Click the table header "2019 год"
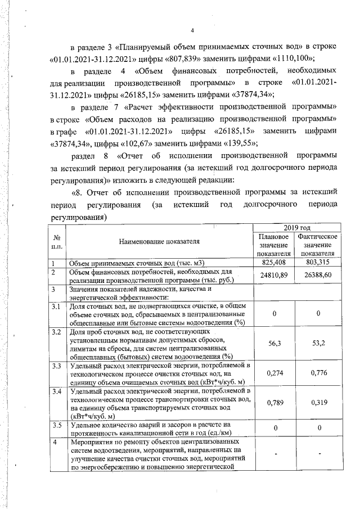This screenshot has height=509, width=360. [298, 227]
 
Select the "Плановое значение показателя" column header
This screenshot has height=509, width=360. [276, 246]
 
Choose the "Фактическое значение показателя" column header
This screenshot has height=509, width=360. [319, 246]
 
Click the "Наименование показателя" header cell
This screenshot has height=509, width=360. [159, 242]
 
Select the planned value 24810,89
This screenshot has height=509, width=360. [276, 276]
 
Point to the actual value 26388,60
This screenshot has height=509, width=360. [319, 276]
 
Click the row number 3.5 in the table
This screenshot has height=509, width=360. [56, 425]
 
